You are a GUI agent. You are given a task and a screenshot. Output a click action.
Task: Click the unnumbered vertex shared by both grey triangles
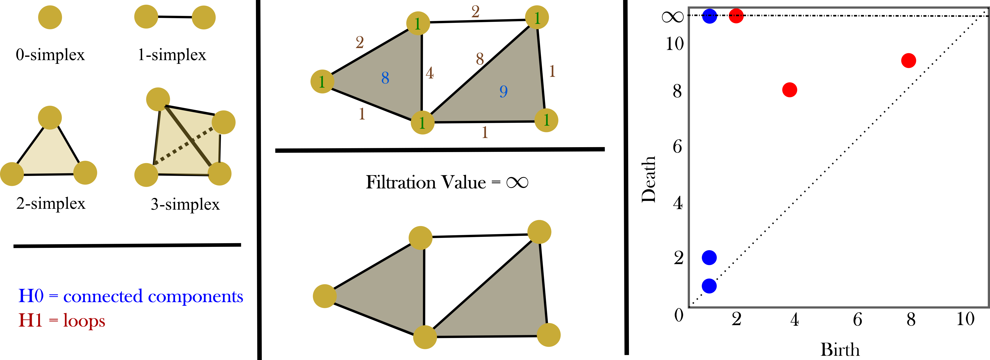(425, 337)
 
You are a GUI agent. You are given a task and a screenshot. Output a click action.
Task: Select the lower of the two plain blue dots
(709, 286)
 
